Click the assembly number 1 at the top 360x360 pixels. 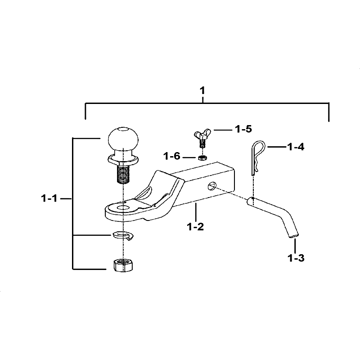point(202,91)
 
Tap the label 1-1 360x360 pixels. point(49,198)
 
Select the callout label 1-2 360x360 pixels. point(195,226)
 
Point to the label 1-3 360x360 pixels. point(296,258)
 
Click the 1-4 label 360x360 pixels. point(295,147)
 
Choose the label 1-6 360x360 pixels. point(172,156)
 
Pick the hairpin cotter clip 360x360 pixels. point(256,156)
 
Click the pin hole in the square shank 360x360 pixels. point(212,185)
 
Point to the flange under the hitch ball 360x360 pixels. point(122,159)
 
